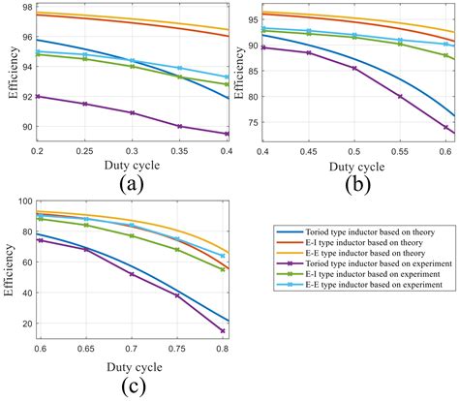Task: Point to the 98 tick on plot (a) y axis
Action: [24, 8]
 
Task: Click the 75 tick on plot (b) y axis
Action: [251, 122]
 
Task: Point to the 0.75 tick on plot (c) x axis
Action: [177, 346]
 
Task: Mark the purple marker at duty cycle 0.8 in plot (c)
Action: [223, 331]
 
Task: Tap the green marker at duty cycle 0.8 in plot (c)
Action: [223, 269]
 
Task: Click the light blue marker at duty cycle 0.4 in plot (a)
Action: [227, 77]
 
